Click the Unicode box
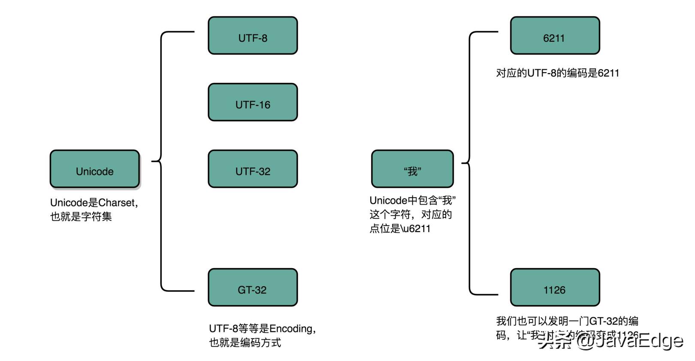click(94, 169)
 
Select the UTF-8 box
click(253, 36)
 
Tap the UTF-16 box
click(253, 102)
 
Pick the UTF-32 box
click(253, 169)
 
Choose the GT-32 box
click(253, 288)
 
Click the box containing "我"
click(412, 169)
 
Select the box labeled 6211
click(555, 36)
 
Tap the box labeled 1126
click(555, 288)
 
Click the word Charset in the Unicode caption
click(116, 202)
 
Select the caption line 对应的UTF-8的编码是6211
click(557, 73)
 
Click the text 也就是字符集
click(81, 217)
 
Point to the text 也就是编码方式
click(245, 343)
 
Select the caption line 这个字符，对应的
click(411, 214)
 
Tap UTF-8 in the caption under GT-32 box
click(224, 329)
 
